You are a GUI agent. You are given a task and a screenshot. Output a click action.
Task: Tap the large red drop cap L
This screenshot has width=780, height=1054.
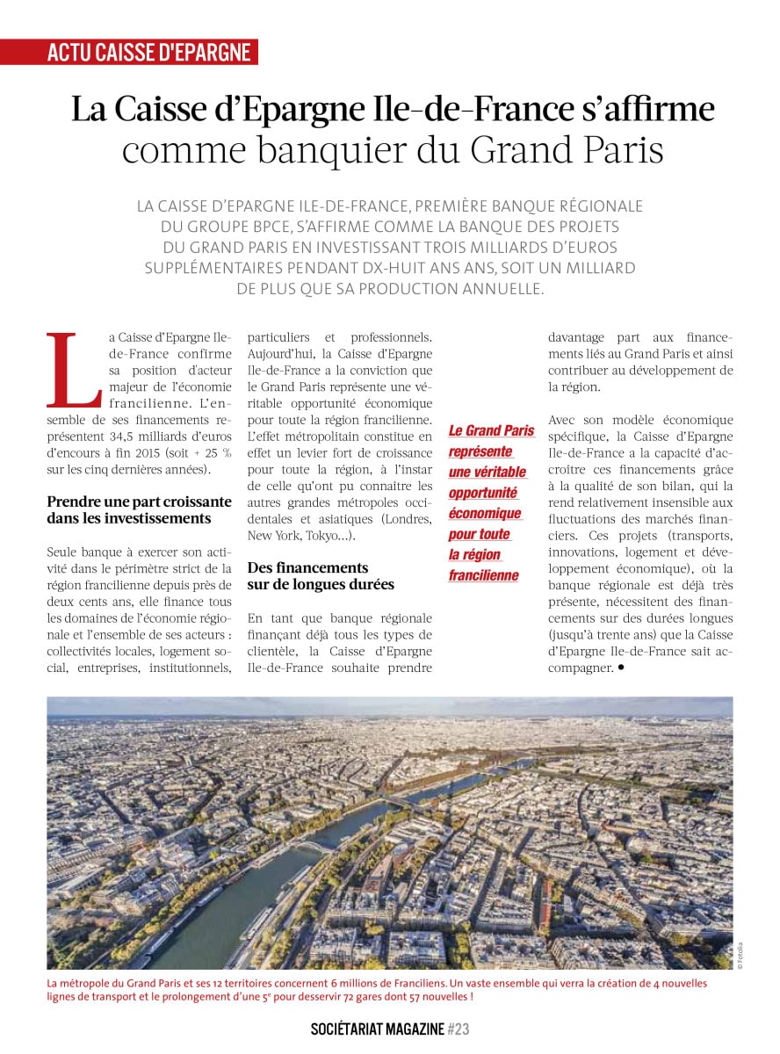click(x=74, y=369)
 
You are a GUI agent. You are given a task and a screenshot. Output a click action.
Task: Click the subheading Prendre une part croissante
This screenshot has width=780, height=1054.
click(x=139, y=502)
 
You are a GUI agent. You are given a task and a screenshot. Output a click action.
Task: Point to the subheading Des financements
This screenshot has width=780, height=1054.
click(x=307, y=567)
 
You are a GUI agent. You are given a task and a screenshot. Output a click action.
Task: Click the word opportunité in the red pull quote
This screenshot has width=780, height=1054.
click(x=483, y=493)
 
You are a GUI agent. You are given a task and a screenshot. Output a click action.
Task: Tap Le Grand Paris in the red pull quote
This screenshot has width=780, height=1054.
click(x=491, y=430)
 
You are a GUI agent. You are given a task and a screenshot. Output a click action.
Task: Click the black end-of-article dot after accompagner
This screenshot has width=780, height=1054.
click(x=621, y=668)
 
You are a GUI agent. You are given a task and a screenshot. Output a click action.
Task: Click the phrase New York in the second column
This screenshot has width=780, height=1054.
click(x=273, y=535)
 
